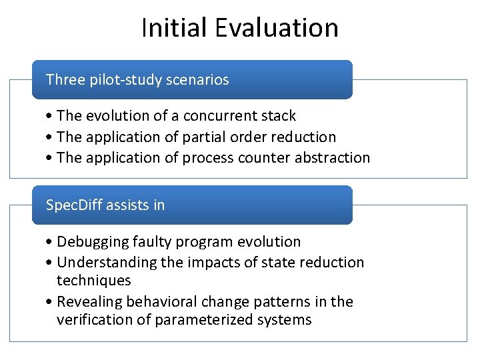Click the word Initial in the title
click(174, 28)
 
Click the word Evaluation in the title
click(277, 28)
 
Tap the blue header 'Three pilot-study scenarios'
click(192, 80)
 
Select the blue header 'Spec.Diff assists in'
click(192, 205)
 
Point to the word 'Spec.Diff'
click(73, 205)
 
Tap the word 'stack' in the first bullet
click(277, 116)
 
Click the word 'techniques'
click(93, 281)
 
